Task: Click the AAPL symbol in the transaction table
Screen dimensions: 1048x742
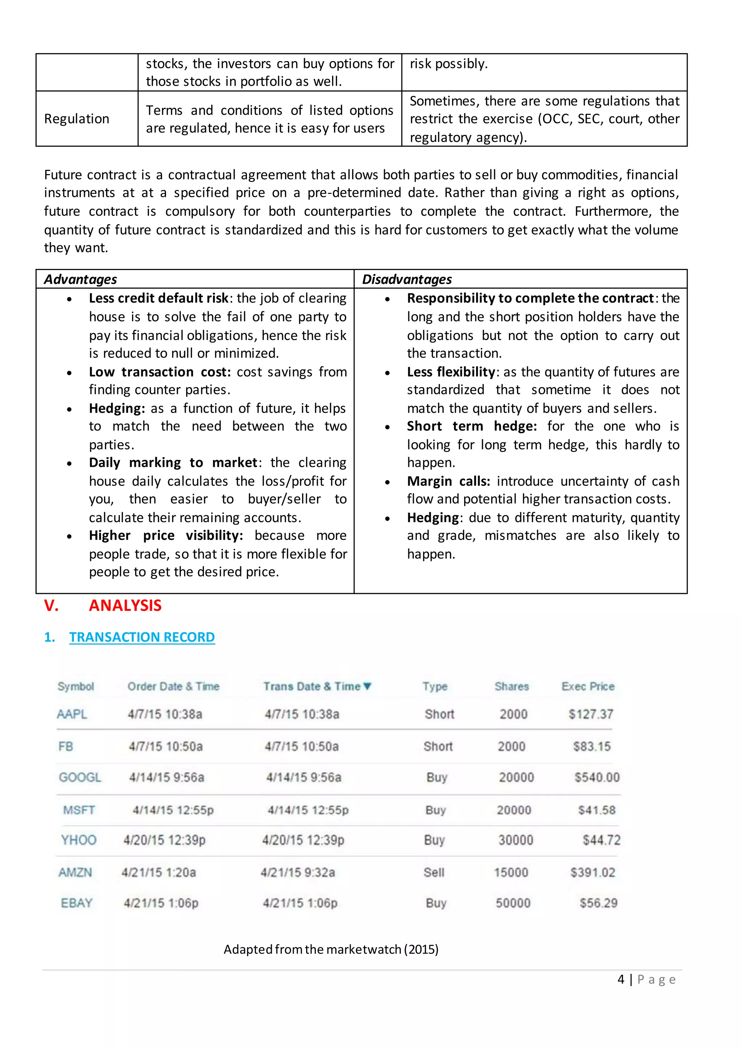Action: click(72, 714)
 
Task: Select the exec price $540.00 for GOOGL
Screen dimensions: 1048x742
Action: click(597, 777)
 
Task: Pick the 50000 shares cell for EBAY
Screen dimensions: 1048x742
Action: click(513, 903)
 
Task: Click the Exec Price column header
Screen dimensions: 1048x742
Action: click(588, 686)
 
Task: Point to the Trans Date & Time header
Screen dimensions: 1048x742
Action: click(317, 686)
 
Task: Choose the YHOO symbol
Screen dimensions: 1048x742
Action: click(79, 840)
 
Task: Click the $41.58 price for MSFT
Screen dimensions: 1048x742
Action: click(597, 810)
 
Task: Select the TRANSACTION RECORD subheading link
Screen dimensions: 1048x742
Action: click(142, 637)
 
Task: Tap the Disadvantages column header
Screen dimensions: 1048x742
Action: click(407, 279)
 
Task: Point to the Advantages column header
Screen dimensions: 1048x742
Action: click(80, 279)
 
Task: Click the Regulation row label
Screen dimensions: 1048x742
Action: click(77, 119)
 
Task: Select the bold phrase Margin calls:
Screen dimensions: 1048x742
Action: click(448, 481)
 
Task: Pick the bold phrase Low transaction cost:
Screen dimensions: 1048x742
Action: click(160, 372)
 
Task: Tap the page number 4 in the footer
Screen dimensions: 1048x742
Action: click(621, 979)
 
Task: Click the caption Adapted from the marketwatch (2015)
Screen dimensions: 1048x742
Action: click(331, 950)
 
